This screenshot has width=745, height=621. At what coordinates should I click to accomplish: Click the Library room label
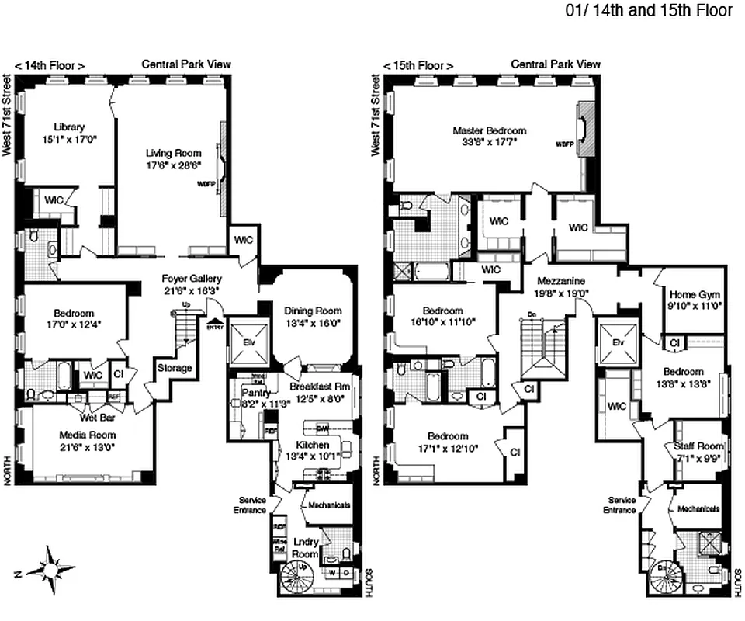(69, 127)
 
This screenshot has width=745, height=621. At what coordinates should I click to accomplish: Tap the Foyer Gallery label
(192, 279)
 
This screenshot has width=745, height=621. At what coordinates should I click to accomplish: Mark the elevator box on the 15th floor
(618, 342)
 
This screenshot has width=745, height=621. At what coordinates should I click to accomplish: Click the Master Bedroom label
(490, 131)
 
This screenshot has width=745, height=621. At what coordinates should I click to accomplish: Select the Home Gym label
(695, 295)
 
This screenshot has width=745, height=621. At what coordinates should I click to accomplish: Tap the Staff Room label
(699, 446)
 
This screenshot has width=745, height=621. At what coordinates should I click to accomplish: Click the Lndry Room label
(305, 549)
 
